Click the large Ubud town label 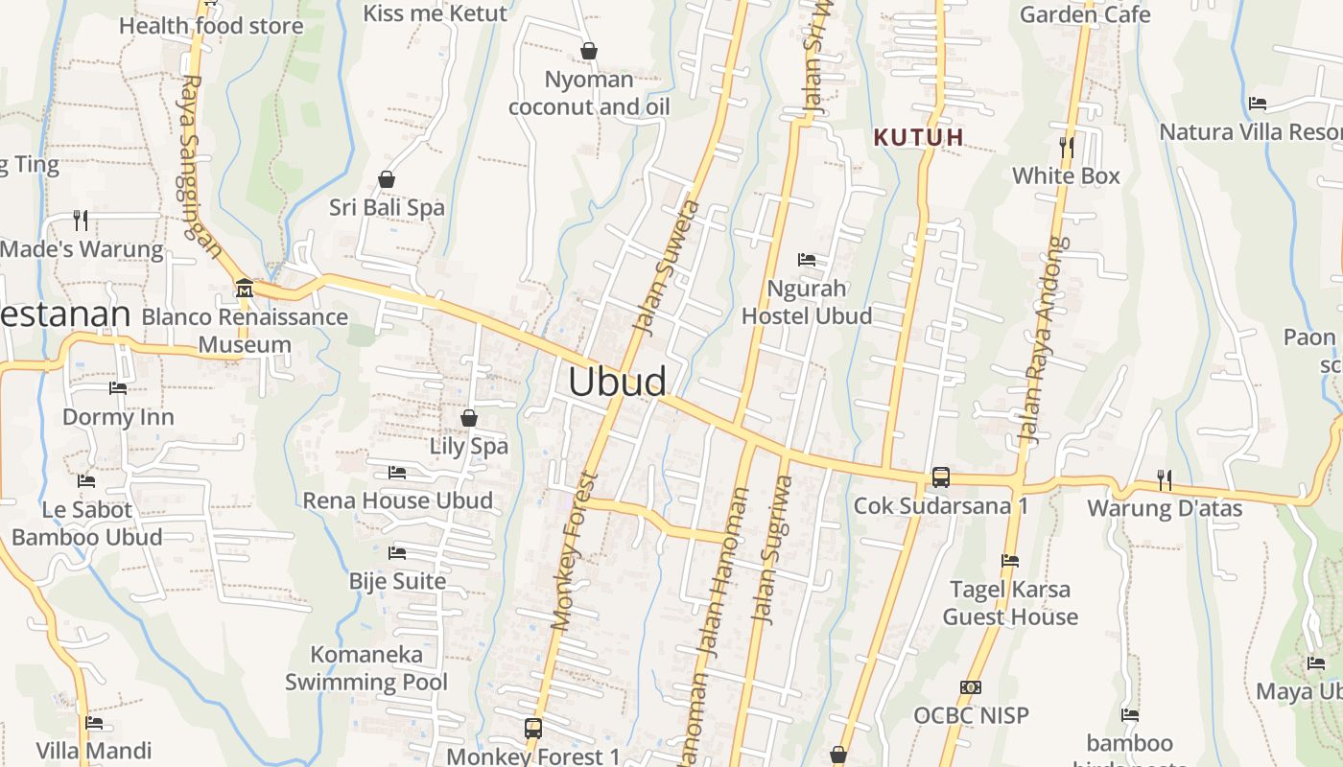pos(617,382)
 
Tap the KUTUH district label pos(918,137)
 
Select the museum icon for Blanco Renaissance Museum pos(244,287)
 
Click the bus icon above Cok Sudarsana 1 pos(941,476)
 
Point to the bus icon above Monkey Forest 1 pos(533,728)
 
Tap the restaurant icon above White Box pos(1066,147)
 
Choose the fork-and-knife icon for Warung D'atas pos(1165,479)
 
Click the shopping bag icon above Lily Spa pos(469,418)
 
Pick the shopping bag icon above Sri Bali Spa pos(387,179)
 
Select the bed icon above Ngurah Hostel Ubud pos(807,260)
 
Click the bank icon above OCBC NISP pos(971,687)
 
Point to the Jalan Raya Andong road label pos(1044,340)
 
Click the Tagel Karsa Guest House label pos(1010,603)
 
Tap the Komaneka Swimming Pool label pos(366,668)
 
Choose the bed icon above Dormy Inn pos(118,388)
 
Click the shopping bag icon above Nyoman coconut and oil pos(589,51)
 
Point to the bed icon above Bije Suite pos(397,553)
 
